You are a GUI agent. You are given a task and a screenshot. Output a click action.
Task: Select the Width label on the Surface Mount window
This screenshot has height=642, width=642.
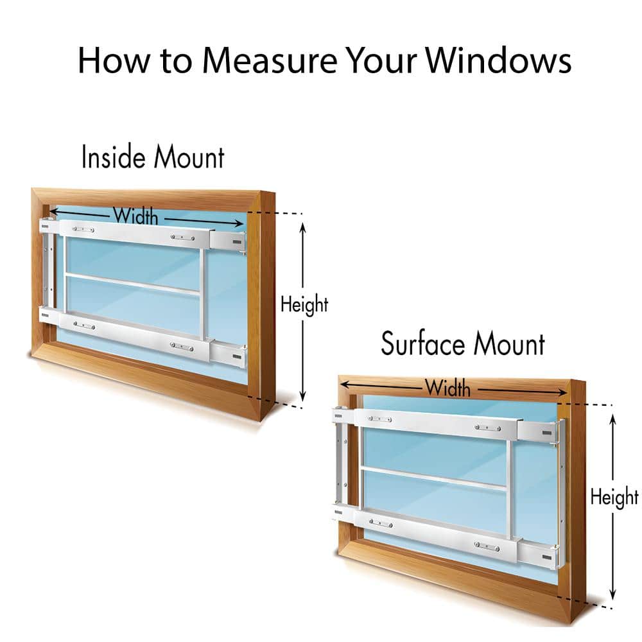tap(447, 388)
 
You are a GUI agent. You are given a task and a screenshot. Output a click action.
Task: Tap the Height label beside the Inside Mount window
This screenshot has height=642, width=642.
tap(304, 304)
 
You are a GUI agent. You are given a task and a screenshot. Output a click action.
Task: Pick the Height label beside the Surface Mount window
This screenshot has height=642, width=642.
tap(614, 497)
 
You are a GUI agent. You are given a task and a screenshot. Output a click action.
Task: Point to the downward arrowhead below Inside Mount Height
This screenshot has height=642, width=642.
tap(304, 395)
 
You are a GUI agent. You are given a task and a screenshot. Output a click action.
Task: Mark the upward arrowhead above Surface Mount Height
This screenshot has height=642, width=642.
tap(614, 420)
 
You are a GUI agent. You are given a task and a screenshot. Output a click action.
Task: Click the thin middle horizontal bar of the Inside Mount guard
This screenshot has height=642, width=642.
tap(132, 284)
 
